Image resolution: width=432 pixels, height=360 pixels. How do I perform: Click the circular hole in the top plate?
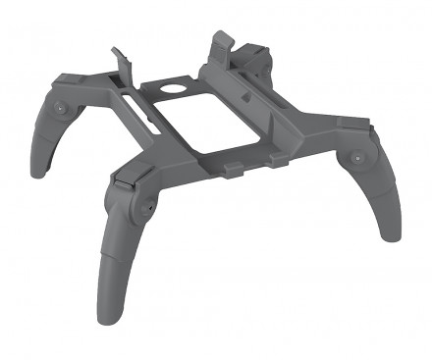tap(175, 87)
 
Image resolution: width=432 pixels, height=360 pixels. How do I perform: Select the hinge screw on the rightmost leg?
tap(355, 158)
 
